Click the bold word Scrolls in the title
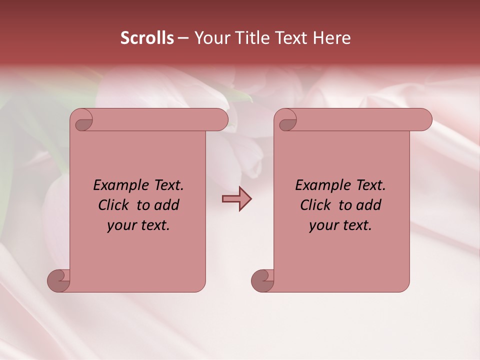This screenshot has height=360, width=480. pyautogui.click(x=147, y=38)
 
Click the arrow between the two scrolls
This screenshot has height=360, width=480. pyautogui.click(x=236, y=199)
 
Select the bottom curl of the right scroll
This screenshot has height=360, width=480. pyautogui.click(x=263, y=280)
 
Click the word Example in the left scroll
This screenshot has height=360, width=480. pyautogui.click(x=118, y=185)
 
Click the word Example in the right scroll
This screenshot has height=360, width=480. pyautogui.click(x=320, y=185)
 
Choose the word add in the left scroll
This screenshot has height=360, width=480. pyautogui.click(x=167, y=205)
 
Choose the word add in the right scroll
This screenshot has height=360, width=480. pyautogui.click(x=369, y=205)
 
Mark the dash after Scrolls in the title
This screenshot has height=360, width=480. pyautogui.click(x=182, y=38)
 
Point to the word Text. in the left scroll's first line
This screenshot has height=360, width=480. pyautogui.click(x=166, y=185)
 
